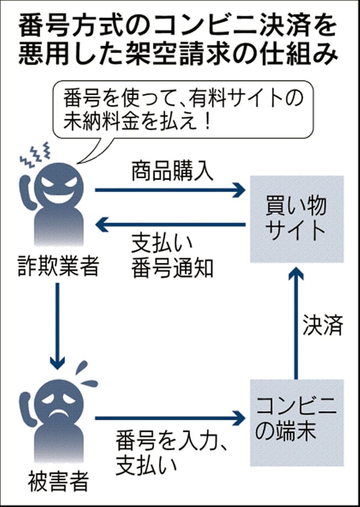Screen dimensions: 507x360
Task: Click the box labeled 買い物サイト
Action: (x=296, y=219)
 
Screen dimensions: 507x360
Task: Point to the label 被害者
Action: (x=58, y=483)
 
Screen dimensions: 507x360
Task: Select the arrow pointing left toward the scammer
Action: (x=169, y=225)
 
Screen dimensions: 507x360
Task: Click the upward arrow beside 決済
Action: (x=297, y=323)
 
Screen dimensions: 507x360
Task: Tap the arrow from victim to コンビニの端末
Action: (x=169, y=419)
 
